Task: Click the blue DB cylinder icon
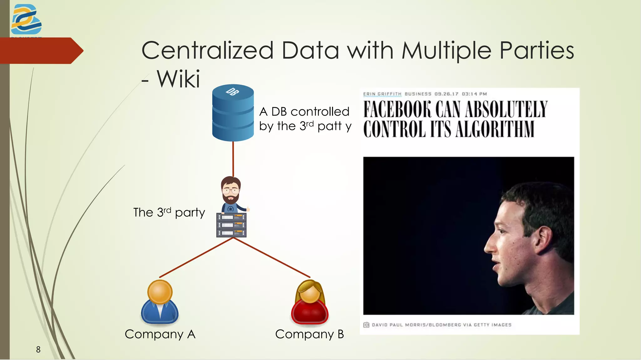tap(233, 113)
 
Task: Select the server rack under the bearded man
tap(231, 225)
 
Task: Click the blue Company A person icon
tap(160, 302)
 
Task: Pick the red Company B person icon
tap(310, 302)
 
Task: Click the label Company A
tap(160, 334)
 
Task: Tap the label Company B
tap(310, 334)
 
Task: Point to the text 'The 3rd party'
tap(169, 213)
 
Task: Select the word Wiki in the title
tap(178, 79)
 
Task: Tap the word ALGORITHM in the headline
tap(495, 129)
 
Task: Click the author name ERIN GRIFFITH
tap(382, 94)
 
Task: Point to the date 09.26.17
tap(446, 94)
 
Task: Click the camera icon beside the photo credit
tap(366, 325)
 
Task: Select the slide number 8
tap(38, 349)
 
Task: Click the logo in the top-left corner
tap(26, 19)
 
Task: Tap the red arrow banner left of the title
tap(41, 51)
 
